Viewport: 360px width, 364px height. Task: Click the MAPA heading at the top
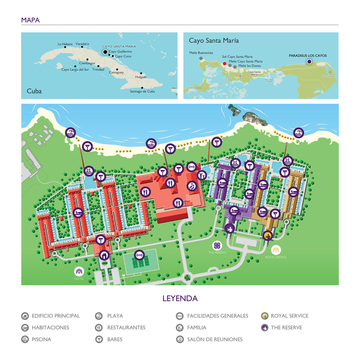point(30,20)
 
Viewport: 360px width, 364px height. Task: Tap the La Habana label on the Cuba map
point(65,44)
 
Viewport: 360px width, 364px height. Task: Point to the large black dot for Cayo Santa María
point(105,51)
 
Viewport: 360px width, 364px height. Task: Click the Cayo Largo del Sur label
point(75,69)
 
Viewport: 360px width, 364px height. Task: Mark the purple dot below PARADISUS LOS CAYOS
point(309,61)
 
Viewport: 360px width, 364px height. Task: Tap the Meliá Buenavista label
point(201,52)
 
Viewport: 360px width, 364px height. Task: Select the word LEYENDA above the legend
point(179,299)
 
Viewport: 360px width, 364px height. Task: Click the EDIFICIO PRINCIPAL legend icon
point(25,316)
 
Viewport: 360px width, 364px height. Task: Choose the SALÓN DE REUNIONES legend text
point(214,340)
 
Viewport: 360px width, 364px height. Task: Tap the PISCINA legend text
point(41,340)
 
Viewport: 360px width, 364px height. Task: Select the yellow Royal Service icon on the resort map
point(268,235)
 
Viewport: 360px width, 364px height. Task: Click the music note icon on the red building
point(191,186)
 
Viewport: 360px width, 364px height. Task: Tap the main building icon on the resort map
point(104,255)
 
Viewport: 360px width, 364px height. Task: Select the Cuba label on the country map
point(34,91)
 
